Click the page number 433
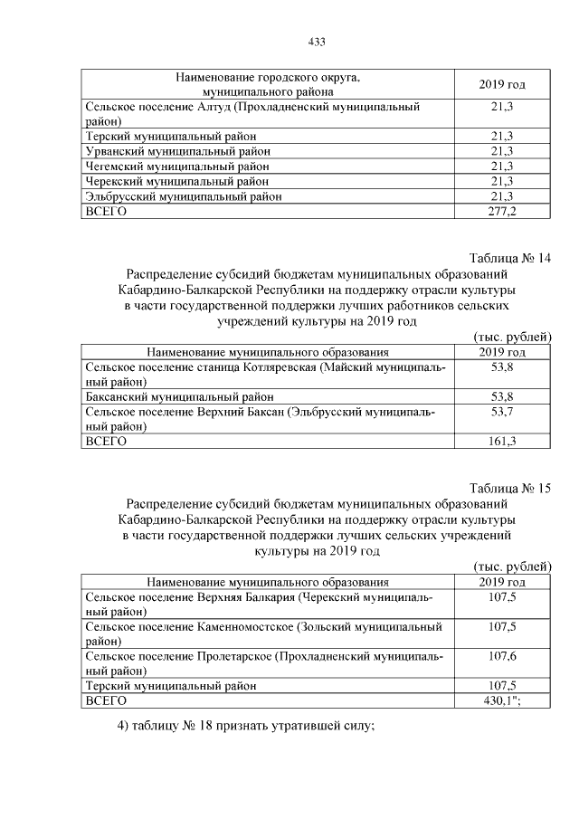317,42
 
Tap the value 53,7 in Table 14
501,413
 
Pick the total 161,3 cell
501,442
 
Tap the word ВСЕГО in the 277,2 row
105,211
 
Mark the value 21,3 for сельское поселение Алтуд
501,107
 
